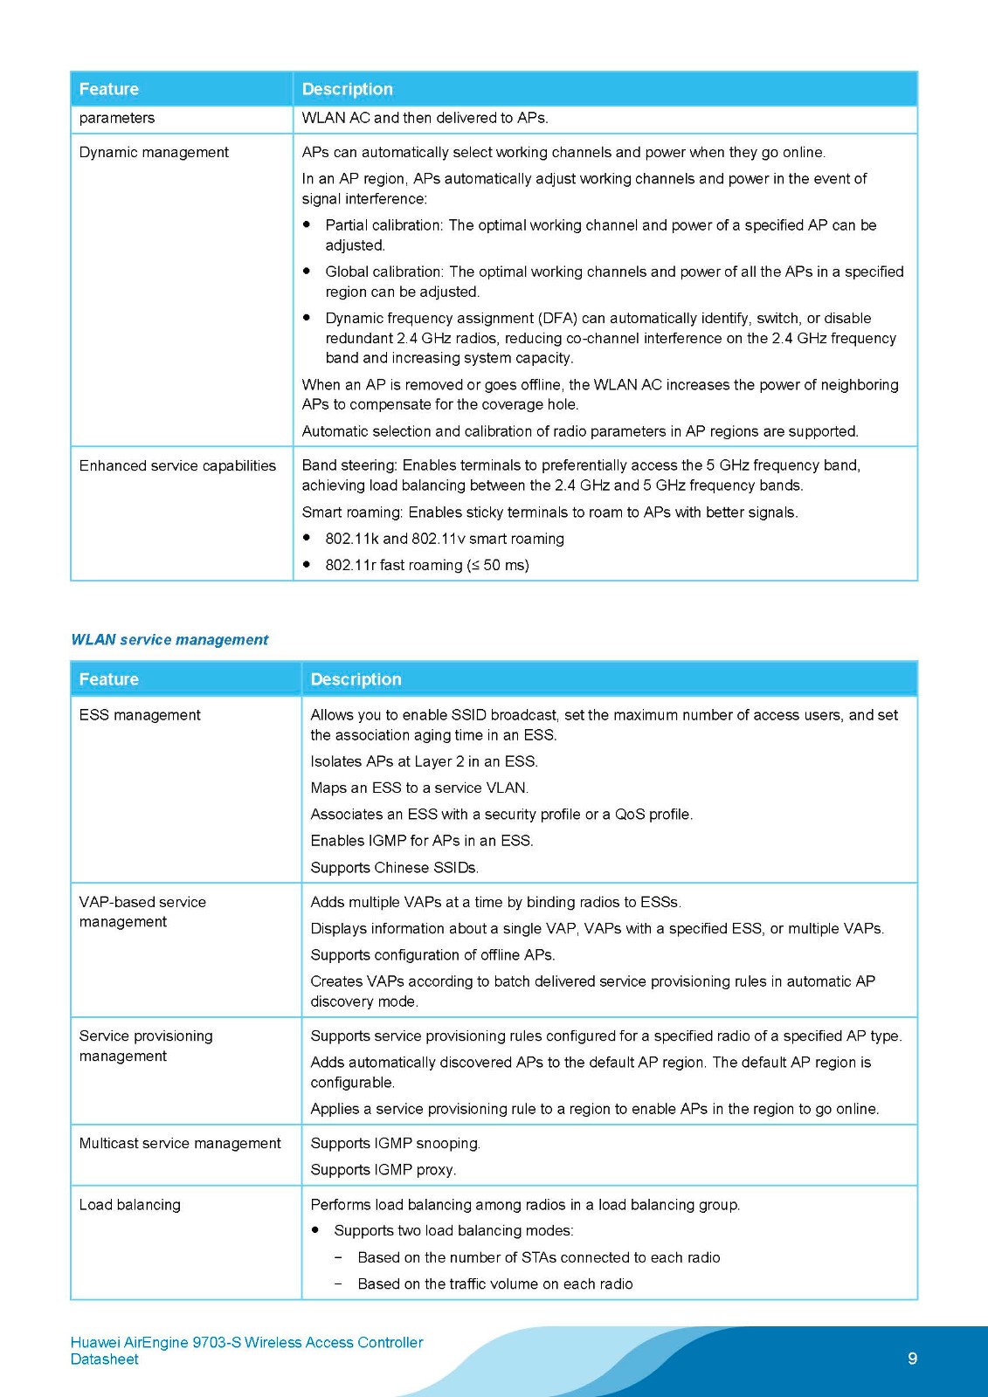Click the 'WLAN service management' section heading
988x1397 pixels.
click(169, 640)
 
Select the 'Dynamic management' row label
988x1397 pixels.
click(154, 152)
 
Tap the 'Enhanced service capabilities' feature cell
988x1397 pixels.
click(177, 465)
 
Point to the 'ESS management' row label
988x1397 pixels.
click(140, 715)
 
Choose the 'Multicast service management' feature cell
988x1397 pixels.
click(180, 1143)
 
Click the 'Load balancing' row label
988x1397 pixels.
click(130, 1205)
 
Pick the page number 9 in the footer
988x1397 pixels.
click(913, 1359)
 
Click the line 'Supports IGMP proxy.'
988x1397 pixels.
click(383, 1170)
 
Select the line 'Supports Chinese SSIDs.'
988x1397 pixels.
click(395, 868)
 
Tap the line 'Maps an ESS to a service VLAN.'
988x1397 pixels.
click(419, 788)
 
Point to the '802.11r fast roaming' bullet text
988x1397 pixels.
click(427, 565)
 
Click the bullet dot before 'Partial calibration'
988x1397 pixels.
click(307, 224)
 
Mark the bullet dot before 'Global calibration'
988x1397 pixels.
click(307, 272)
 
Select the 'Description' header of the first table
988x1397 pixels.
click(348, 89)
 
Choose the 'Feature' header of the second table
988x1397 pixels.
click(109, 679)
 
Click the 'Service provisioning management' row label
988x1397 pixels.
click(146, 1046)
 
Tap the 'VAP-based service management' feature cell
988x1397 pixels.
click(142, 912)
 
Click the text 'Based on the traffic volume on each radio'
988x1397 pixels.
click(495, 1283)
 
